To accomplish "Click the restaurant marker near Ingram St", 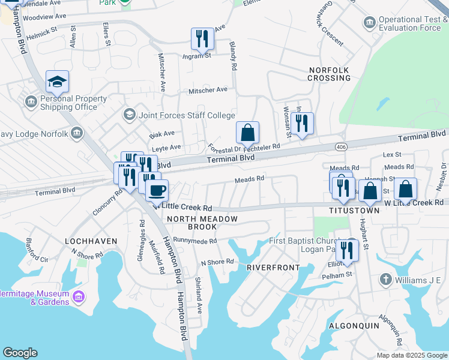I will pos(202,39).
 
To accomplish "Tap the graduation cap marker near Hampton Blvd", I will pos(57,82).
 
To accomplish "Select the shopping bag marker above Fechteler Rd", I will pos(247,133).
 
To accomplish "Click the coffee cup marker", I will pos(157,191).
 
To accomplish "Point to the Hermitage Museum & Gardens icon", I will pos(78,296).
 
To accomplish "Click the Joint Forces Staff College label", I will pos(186,115).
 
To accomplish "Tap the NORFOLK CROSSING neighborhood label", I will pos(329,74).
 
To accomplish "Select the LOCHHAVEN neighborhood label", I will pos(91,241).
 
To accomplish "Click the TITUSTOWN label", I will pos(354,211).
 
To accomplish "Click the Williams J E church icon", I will pos(385,280).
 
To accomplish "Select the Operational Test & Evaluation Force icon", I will pos(369,23).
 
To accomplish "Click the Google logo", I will pos(20,353).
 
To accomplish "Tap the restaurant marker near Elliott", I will pos(347,250).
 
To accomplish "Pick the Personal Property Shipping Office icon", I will pos(30,103).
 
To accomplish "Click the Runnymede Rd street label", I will pos(194,241).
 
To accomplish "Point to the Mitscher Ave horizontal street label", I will pos(208,90).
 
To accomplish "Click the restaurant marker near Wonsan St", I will pos(302,124).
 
